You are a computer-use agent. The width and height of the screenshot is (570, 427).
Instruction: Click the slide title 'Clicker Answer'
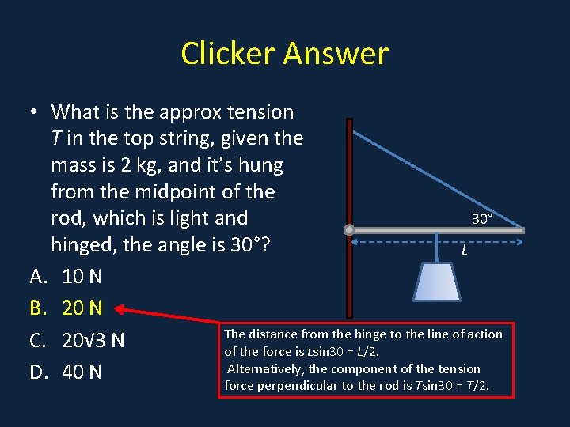(x=284, y=54)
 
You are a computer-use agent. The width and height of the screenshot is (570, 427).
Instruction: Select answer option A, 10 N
(x=82, y=277)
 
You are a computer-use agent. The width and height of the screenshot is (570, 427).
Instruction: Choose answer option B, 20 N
(x=82, y=308)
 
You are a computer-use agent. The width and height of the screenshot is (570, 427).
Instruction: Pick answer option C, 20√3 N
(x=93, y=341)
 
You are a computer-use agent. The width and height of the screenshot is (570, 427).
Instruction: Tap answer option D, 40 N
(x=82, y=372)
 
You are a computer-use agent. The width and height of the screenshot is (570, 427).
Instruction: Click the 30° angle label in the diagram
(x=482, y=217)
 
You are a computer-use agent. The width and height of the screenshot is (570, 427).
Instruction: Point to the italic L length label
(x=464, y=251)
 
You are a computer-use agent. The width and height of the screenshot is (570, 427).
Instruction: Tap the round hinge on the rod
(x=349, y=230)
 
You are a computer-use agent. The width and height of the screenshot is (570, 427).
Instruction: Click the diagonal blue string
(x=435, y=175)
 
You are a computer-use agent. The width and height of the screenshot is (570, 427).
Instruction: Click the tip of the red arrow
(x=119, y=308)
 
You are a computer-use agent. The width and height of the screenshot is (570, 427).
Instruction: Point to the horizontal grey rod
(x=435, y=230)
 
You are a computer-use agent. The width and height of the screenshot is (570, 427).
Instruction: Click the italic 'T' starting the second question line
(x=56, y=139)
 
